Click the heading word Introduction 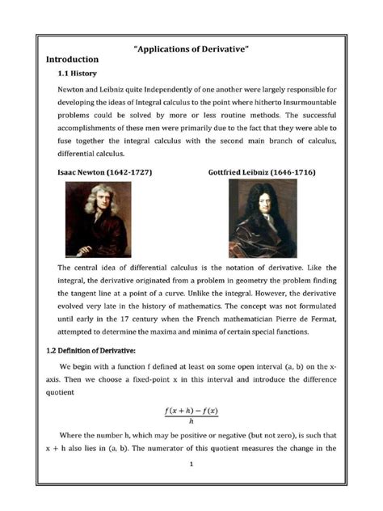(72, 60)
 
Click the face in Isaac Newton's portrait (95, 204)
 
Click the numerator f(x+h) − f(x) (191, 411)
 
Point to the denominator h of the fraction (191, 421)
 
